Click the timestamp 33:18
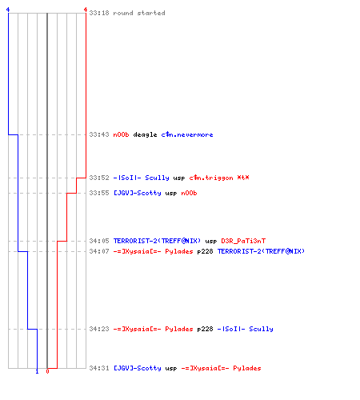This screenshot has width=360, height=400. [x=99, y=13]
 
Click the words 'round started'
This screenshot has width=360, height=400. [x=139, y=13]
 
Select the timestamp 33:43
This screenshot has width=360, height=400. [x=99, y=134]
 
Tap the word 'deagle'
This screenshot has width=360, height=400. [x=145, y=134]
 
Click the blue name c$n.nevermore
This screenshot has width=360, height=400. [x=187, y=134]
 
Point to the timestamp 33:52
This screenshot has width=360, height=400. [x=99, y=178]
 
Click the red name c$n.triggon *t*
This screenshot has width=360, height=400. [x=219, y=178]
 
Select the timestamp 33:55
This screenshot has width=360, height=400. [x=99, y=193]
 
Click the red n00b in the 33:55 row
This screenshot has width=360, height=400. [x=189, y=193]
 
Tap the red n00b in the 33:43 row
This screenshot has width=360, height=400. [x=121, y=134]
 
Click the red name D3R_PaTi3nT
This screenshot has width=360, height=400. [x=243, y=241]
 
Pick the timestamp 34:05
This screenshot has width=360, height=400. [x=99, y=241]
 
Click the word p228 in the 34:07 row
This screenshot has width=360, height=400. [x=205, y=251]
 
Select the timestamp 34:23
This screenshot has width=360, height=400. [x=99, y=329]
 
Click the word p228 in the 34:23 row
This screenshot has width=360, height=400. [x=205, y=329]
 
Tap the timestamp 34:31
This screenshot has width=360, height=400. [x=99, y=368]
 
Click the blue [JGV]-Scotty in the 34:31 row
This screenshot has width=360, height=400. [x=138, y=368]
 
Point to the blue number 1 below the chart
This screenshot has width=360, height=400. [x=37, y=371]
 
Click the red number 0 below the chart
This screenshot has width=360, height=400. [x=47, y=371]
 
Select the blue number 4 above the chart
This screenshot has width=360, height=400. [x=8, y=10]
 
